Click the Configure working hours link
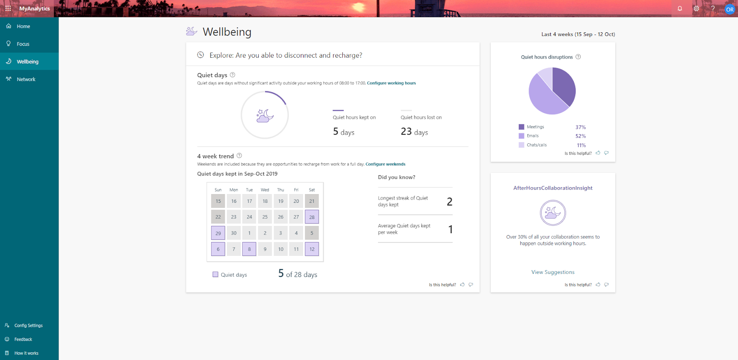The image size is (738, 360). coord(391,83)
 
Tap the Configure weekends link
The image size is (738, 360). coord(385,164)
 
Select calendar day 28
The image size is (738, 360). coord(312,217)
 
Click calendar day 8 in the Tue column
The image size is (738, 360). coord(249,249)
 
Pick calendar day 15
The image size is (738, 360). coord(218,201)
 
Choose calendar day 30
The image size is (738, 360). coord(233,233)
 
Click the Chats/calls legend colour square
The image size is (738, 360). coord(521,145)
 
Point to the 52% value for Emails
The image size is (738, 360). coord(581,136)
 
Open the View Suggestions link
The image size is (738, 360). coord(553,272)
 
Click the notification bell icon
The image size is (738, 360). coord(680,9)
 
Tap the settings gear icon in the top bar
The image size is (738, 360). coord(696,9)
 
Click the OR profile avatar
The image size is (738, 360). coord(729,9)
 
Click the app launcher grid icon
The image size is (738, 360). coord(8,9)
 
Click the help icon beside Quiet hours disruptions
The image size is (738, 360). coord(578,57)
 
